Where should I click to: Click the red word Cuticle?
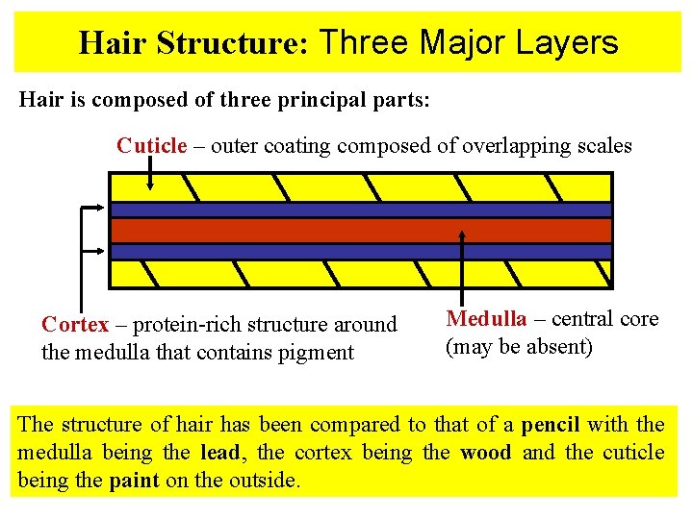pos(151,146)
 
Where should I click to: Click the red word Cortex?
pos(74,325)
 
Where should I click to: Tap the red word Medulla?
pos(486,319)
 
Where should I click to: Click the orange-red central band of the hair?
pos(361,230)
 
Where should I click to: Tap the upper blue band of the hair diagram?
pos(361,209)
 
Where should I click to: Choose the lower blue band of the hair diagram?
pos(361,251)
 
